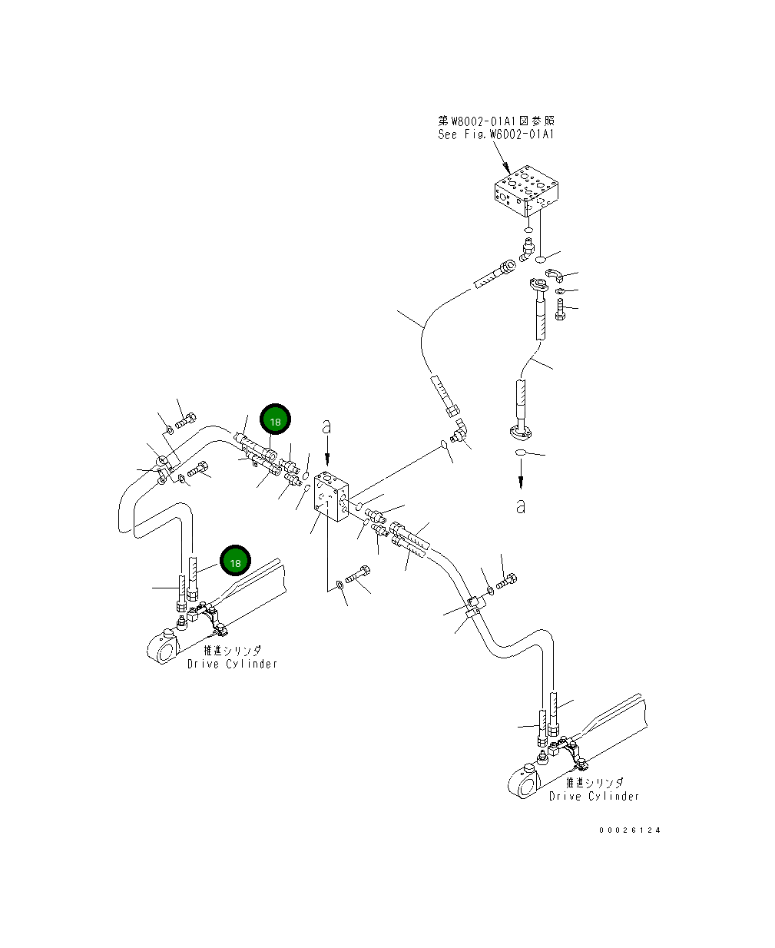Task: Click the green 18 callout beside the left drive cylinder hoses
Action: pos(235,562)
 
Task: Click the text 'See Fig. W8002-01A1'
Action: pos(495,134)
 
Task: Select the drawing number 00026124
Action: pos(630,830)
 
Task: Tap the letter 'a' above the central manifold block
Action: pos(326,425)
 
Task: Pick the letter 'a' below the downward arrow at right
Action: pos(521,506)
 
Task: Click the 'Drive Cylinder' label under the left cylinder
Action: pos(232,664)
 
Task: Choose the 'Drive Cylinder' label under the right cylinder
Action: pos(594,797)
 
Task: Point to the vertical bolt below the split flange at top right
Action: pos(559,310)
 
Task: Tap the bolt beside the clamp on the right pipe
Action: pos(506,583)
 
